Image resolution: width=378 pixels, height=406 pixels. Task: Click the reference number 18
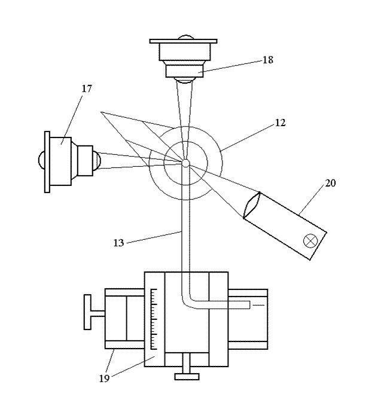point(268,60)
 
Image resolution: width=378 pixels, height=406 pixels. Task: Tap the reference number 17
point(87,89)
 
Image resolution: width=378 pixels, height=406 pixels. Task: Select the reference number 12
point(280,123)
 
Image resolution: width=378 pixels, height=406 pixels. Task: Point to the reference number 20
point(330,183)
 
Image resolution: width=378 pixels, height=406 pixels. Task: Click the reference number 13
point(118,243)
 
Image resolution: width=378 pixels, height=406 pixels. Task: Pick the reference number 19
point(105,378)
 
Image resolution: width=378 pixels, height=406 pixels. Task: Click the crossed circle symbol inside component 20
point(310,241)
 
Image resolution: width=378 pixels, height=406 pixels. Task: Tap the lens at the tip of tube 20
point(252,205)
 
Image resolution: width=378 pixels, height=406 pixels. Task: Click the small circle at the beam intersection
point(186,163)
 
